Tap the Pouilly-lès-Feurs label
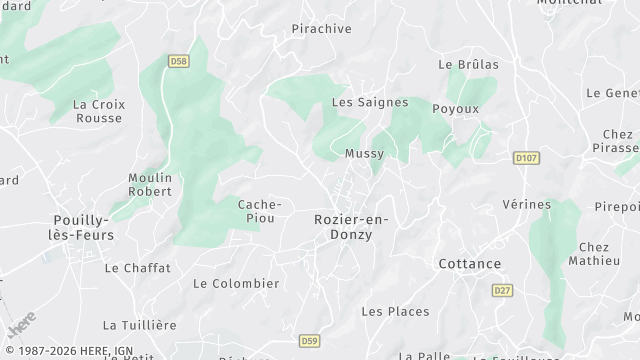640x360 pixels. pos(83,226)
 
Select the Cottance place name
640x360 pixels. pos(469,264)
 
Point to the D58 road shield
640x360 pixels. pos(178,61)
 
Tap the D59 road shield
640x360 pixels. pos(309,342)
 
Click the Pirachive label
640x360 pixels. pos(321,29)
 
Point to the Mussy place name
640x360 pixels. pos(363,154)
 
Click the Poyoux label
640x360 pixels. pos(455,108)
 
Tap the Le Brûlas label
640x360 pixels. pos(468,64)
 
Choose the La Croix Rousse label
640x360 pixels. pos(99,110)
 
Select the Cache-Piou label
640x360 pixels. pos(258,211)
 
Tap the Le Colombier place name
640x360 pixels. pos(236,283)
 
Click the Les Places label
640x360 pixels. pos(395,311)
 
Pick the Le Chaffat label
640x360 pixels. pos(137,268)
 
